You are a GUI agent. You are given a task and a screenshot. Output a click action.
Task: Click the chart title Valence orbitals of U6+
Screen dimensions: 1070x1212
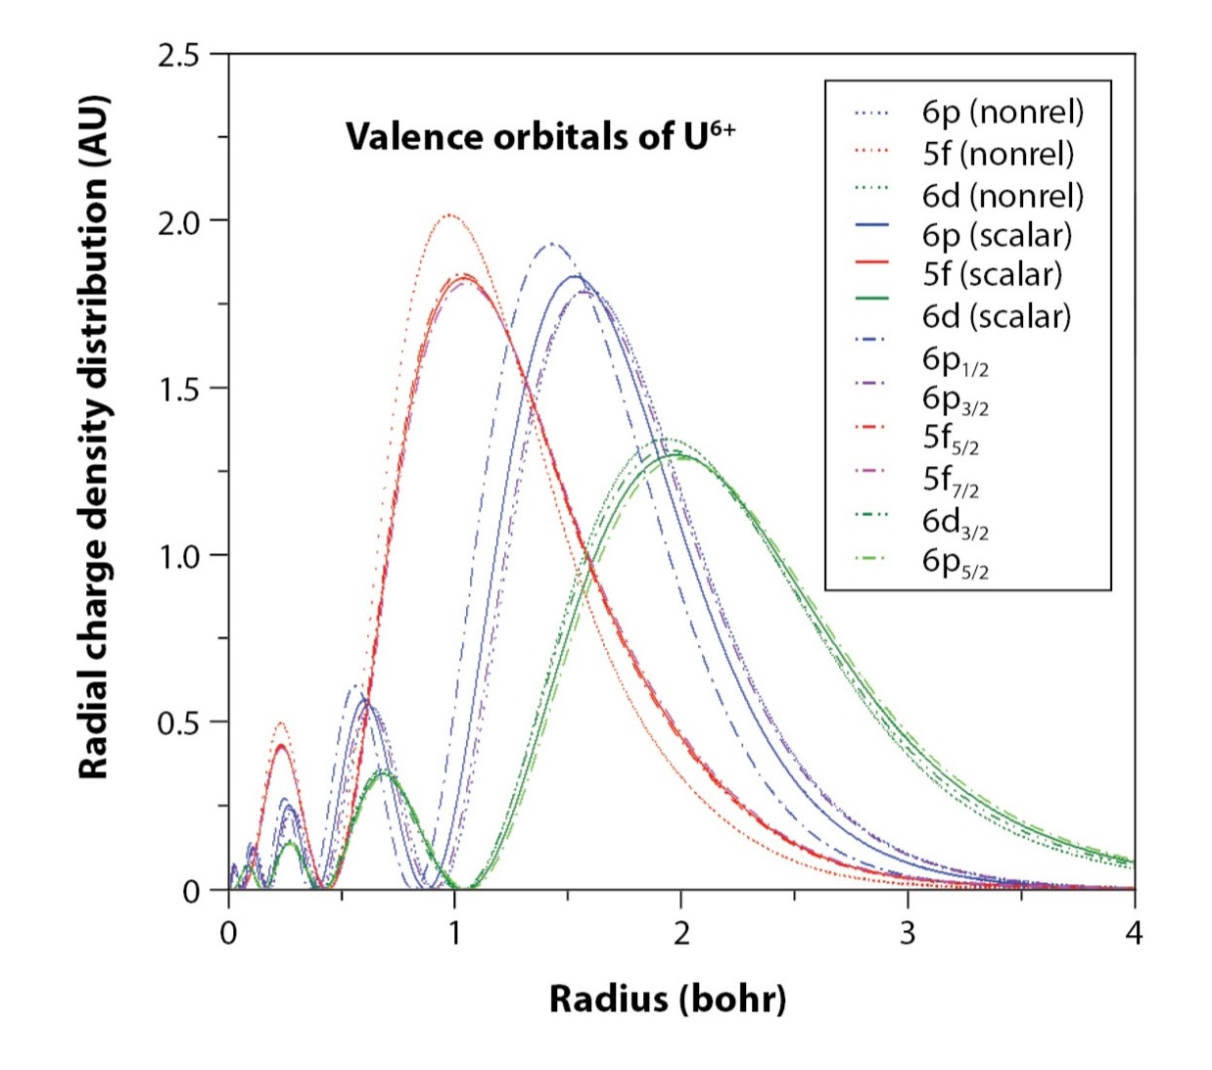pos(539,136)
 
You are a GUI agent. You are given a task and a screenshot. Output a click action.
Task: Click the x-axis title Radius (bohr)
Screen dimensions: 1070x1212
pos(667,999)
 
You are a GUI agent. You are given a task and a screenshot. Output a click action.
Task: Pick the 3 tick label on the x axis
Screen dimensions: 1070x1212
pos(907,933)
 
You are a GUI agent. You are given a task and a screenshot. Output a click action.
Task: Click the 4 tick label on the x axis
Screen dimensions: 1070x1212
pos(1134,933)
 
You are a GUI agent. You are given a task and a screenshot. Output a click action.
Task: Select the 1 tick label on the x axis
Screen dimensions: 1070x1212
pos(454,933)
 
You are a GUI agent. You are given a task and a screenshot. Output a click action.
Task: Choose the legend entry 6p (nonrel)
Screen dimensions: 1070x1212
pos(1002,112)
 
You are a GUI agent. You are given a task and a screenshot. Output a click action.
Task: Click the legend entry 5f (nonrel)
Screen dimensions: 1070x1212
pos(997,154)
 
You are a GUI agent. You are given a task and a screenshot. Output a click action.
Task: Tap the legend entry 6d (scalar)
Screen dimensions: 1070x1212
pos(996,316)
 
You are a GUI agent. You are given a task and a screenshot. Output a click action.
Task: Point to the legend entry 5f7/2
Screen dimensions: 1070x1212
pos(950,480)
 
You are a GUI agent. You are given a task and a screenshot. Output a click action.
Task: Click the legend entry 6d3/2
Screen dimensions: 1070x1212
pos(955,522)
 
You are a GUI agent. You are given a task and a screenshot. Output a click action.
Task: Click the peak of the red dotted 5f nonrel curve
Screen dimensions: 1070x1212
pos(448,215)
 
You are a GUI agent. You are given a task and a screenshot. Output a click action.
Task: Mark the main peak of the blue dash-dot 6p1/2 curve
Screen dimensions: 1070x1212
pos(550,244)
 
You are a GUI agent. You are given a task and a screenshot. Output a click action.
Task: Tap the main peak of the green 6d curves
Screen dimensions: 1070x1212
pos(677,452)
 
